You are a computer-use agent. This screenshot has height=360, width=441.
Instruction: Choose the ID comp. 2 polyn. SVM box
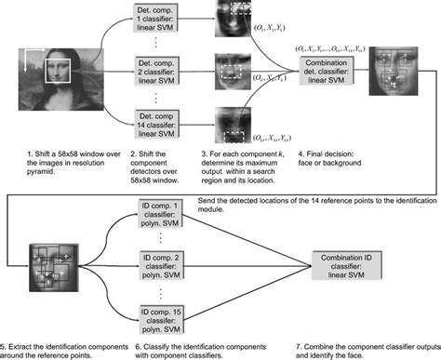[154, 269]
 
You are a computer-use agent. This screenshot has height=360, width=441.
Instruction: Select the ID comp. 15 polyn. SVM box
[154, 313]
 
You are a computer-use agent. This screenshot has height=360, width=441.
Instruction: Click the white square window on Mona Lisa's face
[58, 68]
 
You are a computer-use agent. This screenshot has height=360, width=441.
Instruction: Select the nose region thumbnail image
[234, 72]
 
